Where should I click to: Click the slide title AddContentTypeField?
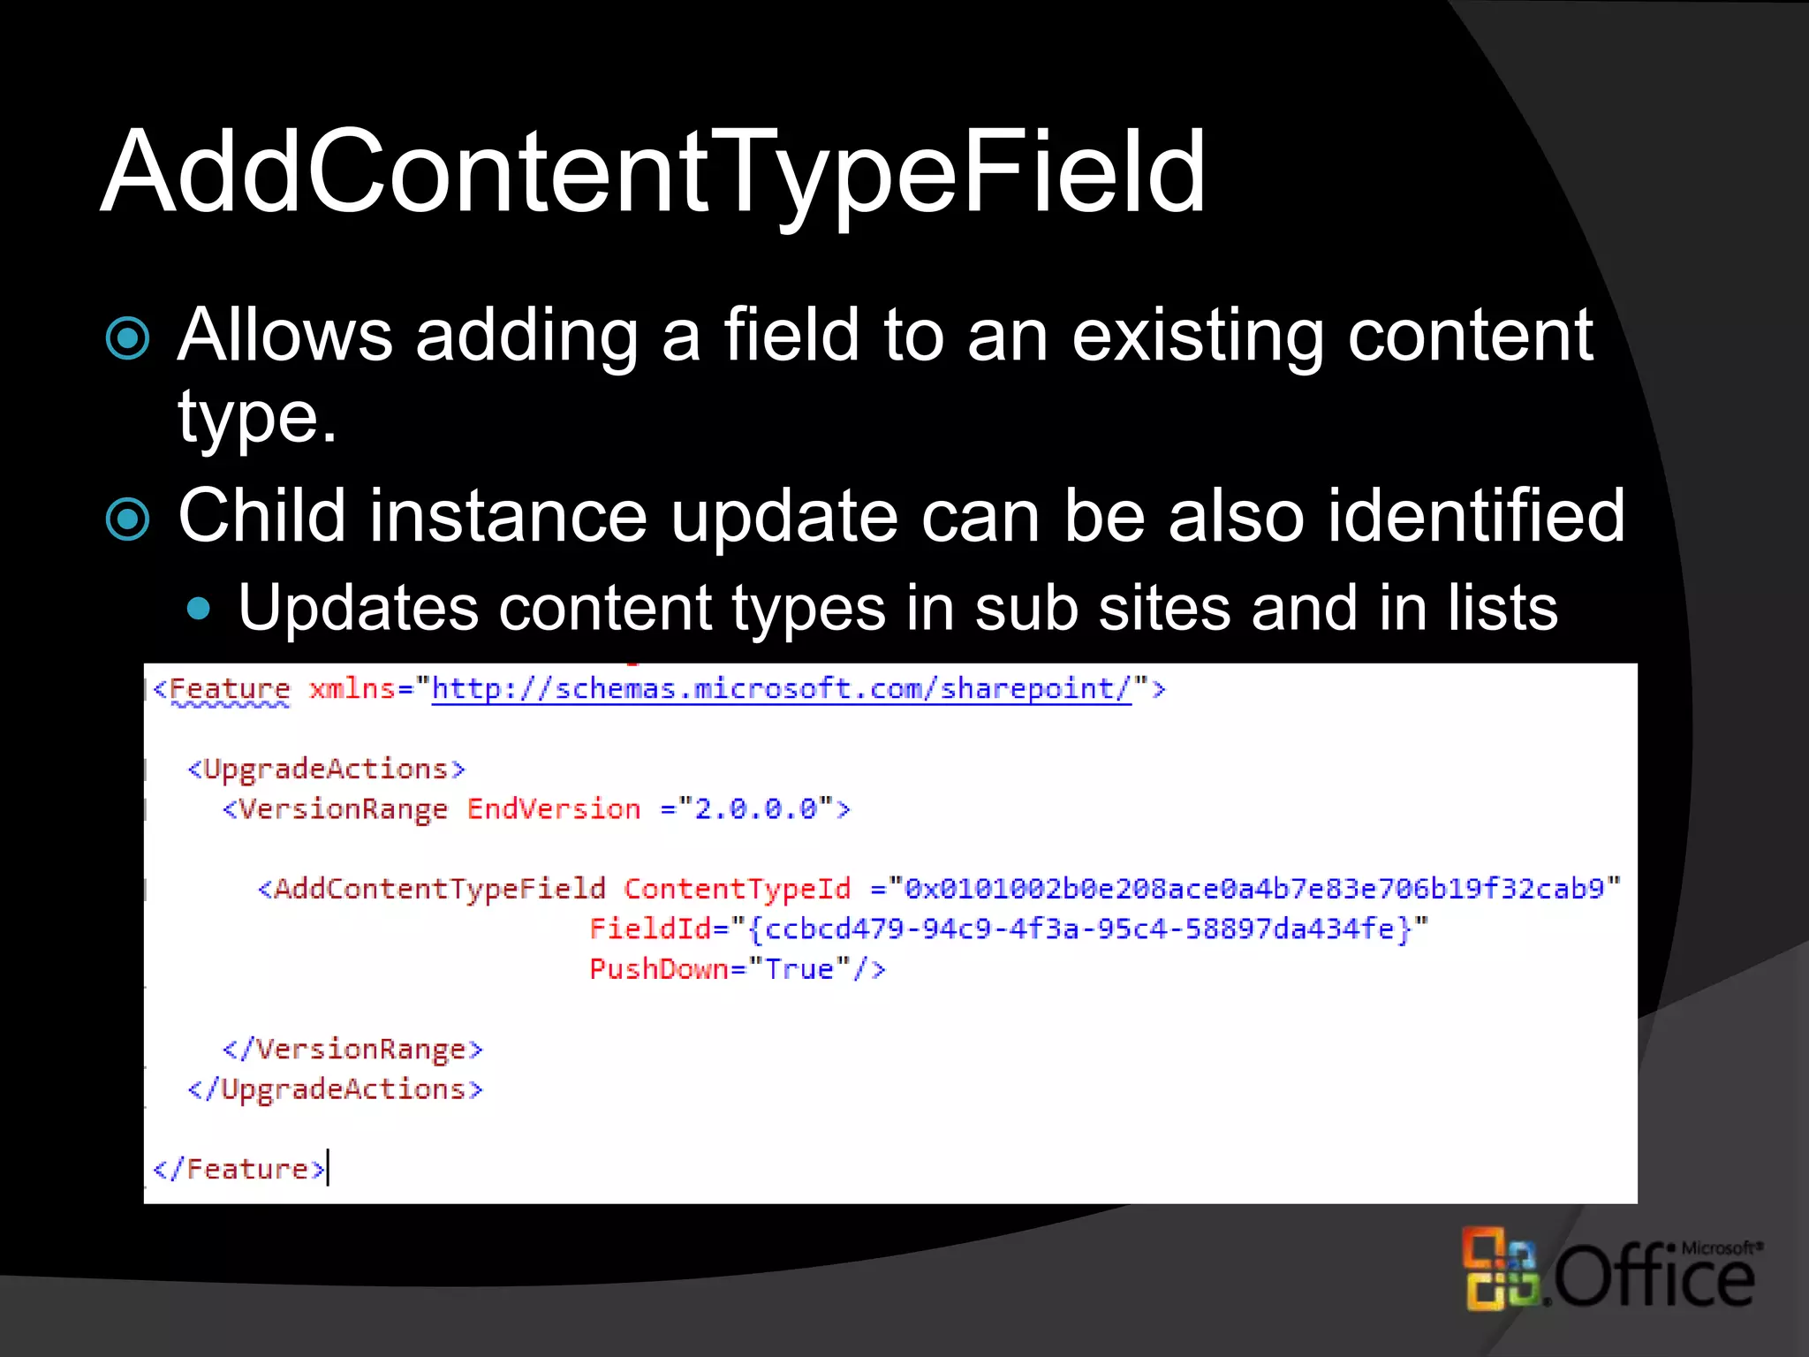[x=654, y=172]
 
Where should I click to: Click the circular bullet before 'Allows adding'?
[x=128, y=338]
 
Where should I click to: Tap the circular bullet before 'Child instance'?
[x=128, y=519]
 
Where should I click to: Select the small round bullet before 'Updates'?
[x=201, y=609]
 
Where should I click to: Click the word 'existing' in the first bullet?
[x=1197, y=336]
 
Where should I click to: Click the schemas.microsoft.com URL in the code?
[x=781, y=688]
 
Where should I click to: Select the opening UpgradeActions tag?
[x=326, y=769]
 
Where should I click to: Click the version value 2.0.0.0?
[x=756, y=809]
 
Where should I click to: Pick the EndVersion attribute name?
[x=554, y=809]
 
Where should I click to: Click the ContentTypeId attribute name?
[x=738, y=889]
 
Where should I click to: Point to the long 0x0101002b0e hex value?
[x=1254, y=889]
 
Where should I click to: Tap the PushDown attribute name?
[x=659, y=969]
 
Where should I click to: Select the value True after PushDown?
[x=799, y=969]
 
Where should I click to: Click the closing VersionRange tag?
[x=352, y=1050]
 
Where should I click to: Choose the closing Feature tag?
[x=239, y=1170]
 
